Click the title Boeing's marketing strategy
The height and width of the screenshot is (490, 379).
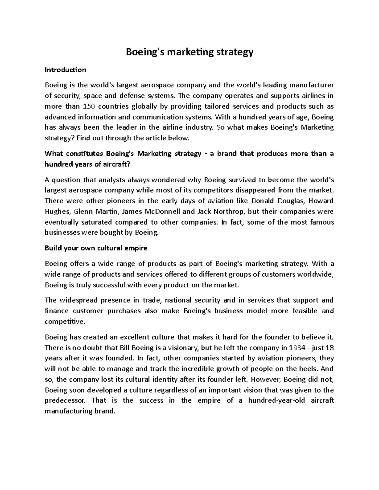(189, 52)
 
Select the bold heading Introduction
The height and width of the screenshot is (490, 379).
(65, 70)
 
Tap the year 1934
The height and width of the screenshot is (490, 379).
(298, 348)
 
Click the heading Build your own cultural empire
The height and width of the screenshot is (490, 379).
(96, 248)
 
